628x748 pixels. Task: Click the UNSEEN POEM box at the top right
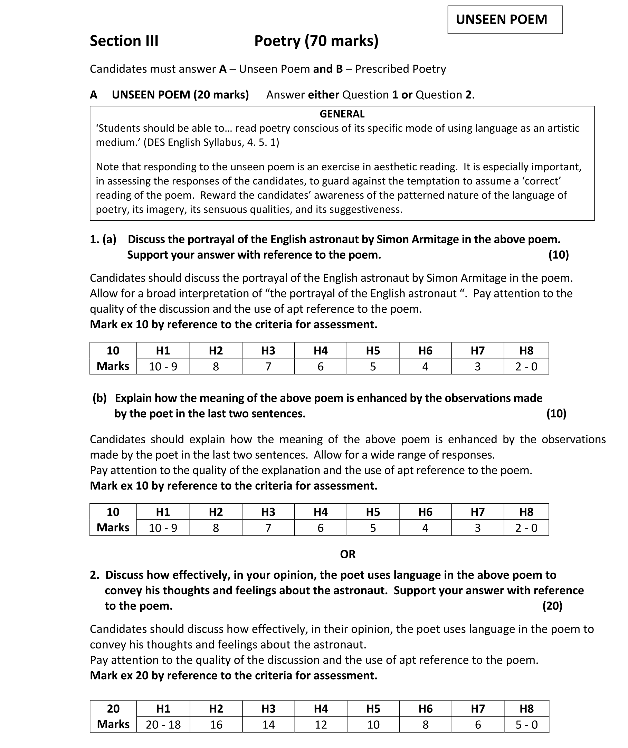505,20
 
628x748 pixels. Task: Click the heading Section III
124,41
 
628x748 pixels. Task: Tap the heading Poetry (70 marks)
316,41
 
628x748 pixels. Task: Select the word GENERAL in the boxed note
342,114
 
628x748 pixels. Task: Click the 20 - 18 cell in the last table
163,725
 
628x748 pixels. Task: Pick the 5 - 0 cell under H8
526,725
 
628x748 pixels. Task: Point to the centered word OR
348,554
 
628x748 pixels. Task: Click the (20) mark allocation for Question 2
552,606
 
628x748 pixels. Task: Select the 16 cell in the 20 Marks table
216,725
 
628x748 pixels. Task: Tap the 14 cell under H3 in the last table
269,725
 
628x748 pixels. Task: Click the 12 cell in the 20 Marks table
321,725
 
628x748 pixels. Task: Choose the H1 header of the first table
163,350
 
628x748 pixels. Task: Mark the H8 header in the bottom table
526,709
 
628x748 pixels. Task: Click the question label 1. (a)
103,239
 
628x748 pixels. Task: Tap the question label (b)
100,398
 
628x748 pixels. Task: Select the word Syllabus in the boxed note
223,142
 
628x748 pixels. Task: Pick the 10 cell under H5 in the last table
373,725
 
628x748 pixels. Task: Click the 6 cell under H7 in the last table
478,725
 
